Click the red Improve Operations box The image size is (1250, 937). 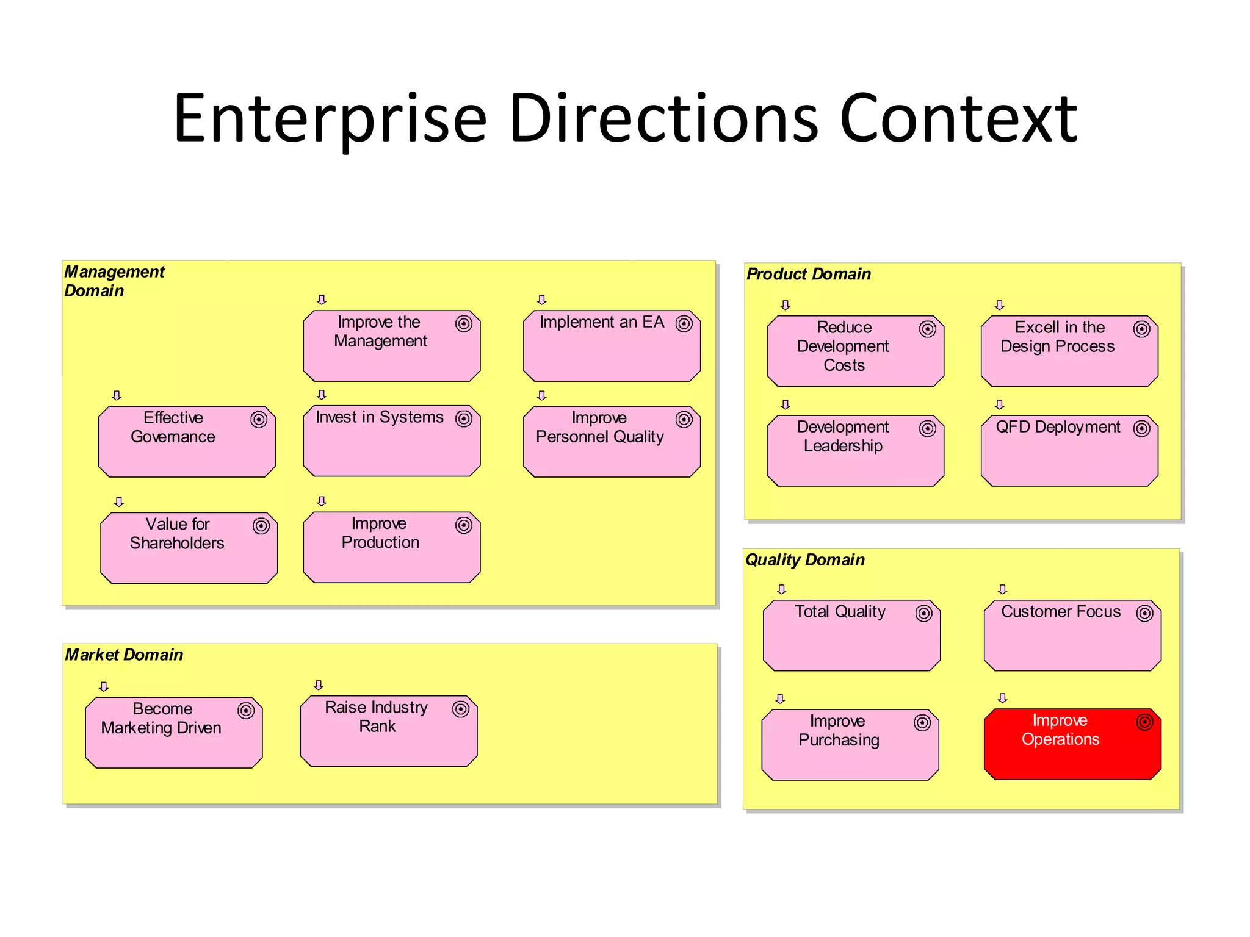[1072, 744]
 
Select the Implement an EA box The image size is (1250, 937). [612, 346]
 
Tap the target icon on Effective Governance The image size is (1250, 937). [259, 420]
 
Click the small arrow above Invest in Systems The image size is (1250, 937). [322, 395]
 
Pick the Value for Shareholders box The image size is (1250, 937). [189, 548]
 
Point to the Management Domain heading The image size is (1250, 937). [114, 281]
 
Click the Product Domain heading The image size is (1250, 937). [809, 275]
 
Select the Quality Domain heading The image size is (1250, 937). [805, 560]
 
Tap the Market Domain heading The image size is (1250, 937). [124, 655]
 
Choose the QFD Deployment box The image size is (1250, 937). [1069, 451]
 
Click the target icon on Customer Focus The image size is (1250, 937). [1144, 612]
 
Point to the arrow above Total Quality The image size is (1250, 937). [781, 589]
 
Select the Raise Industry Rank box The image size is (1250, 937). [389, 731]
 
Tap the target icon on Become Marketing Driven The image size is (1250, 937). [246, 711]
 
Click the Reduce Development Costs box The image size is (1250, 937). [855, 351]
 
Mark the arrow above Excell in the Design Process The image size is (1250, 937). [999, 305]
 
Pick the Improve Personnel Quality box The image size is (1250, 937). [612, 442]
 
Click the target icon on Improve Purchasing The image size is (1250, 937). [922, 723]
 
